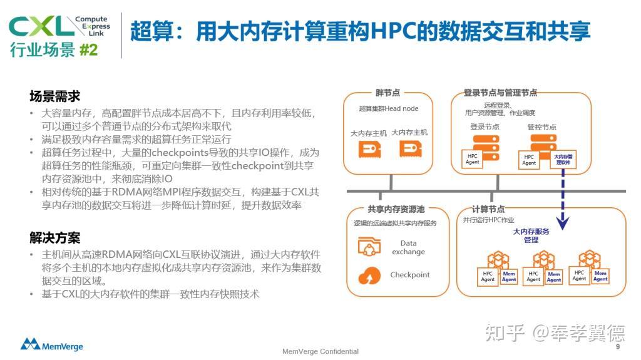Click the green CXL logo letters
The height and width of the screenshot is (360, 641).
coord(41,26)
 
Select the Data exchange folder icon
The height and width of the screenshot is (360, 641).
coord(370,247)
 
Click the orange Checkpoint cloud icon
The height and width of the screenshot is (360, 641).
coord(369,275)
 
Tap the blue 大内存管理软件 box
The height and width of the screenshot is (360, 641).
coord(565,158)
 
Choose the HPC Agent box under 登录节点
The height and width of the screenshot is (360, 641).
coord(473,158)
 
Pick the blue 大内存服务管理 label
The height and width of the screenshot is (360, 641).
coord(531,235)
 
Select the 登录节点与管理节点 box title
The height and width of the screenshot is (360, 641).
coord(500,93)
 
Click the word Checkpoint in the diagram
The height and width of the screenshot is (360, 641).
coord(410,275)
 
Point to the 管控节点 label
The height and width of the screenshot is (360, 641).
coord(541,126)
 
